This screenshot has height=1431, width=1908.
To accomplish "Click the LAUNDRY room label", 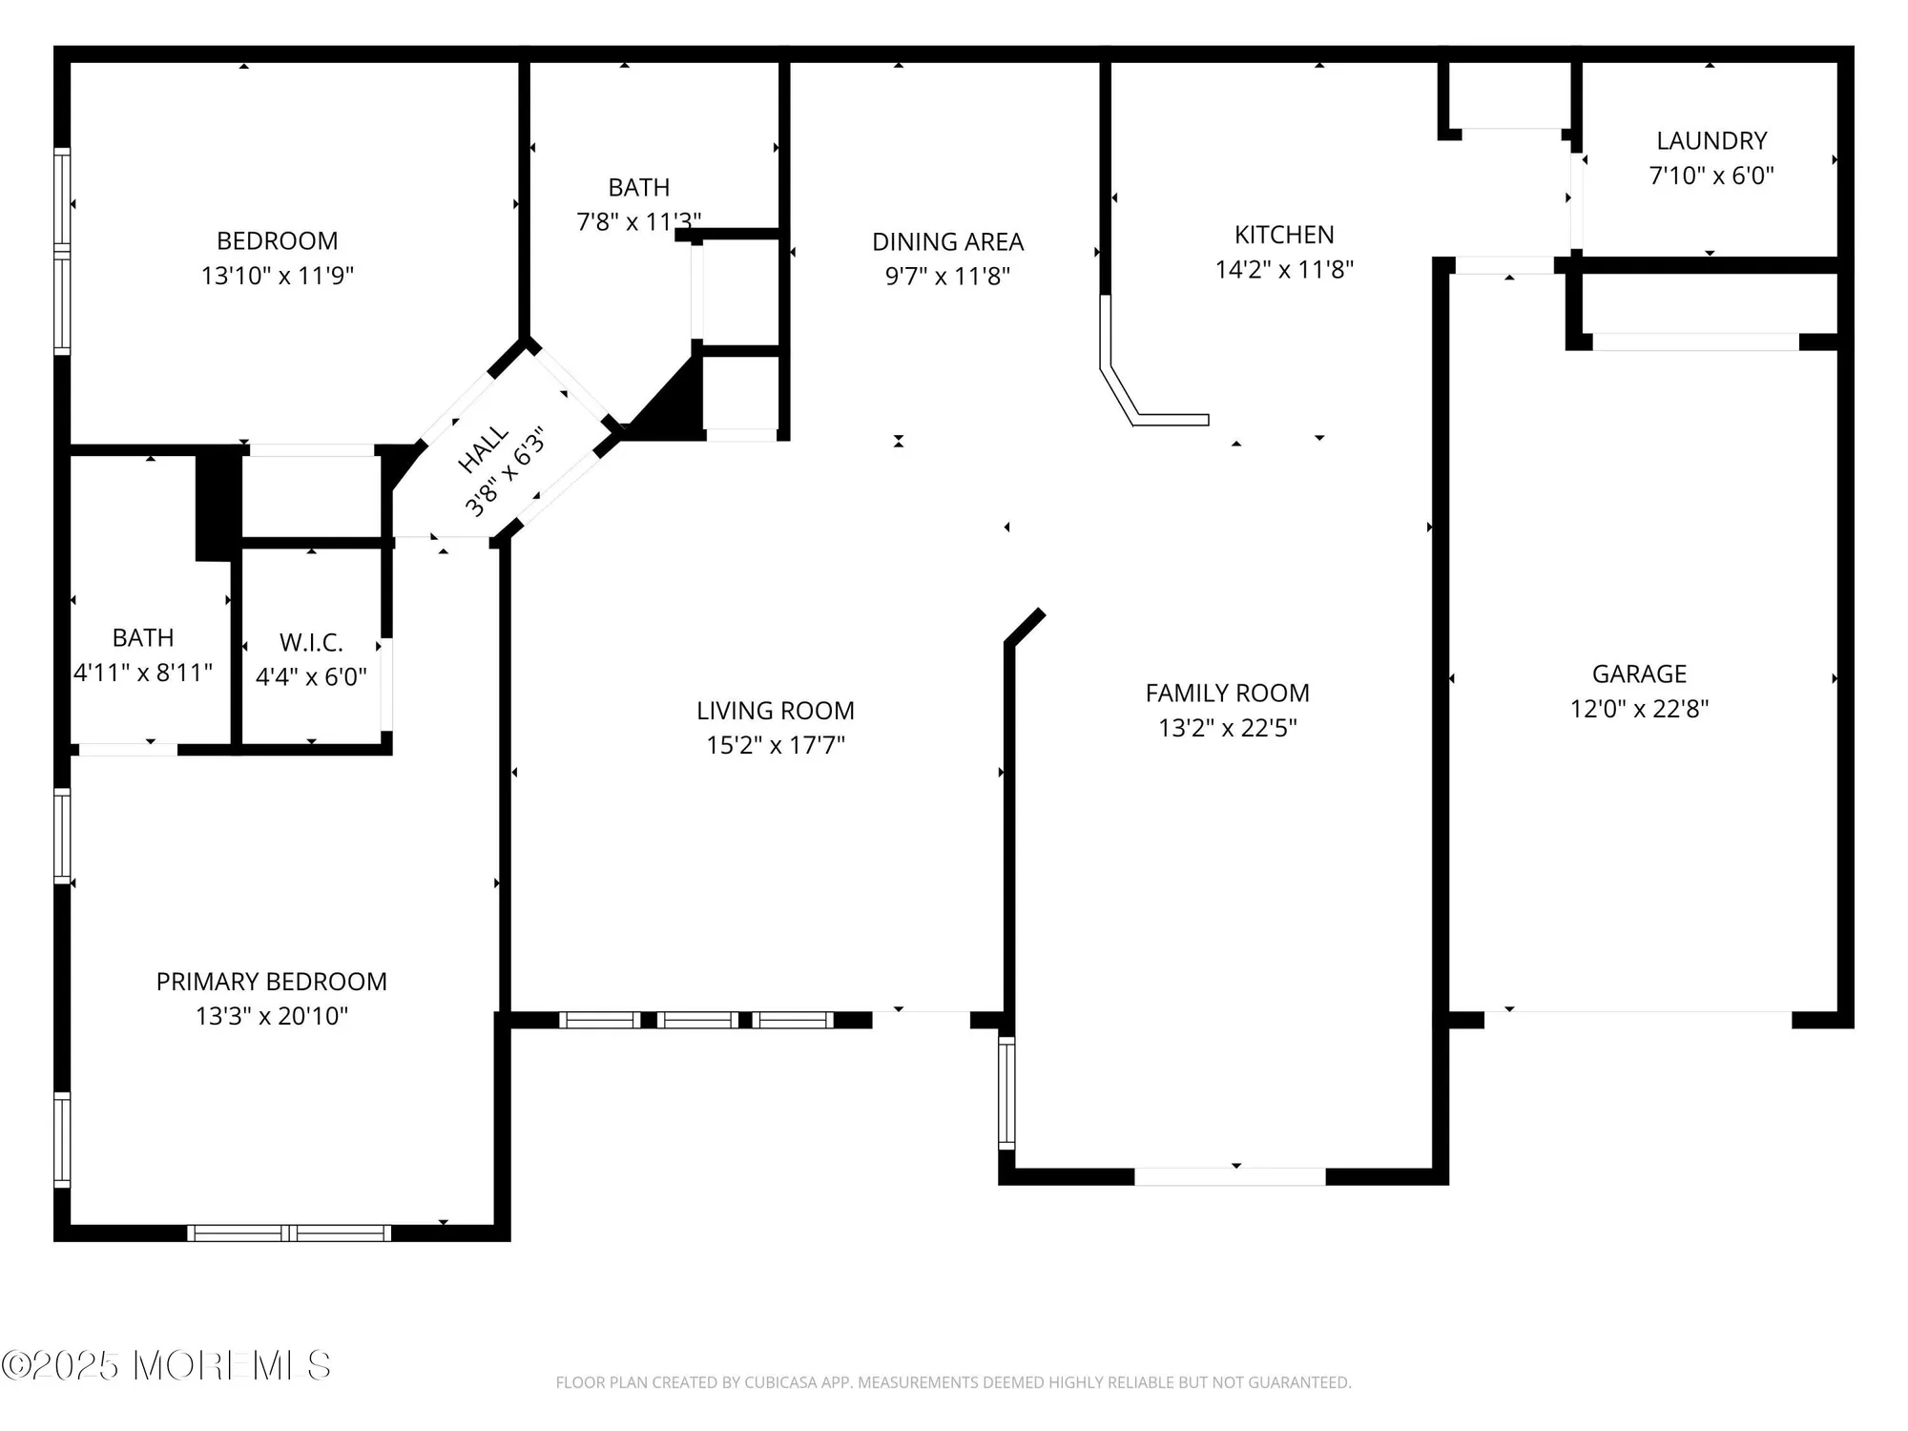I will pyautogui.click(x=1711, y=141).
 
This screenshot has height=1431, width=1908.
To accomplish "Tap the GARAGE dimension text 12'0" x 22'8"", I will pyautogui.click(x=1639, y=709).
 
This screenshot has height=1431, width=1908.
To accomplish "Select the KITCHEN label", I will pyautogui.click(x=1284, y=235).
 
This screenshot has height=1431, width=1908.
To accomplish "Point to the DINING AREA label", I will pyautogui.click(x=947, y=242).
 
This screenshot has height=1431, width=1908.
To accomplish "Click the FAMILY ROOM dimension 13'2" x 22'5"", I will pyautogui.click(x=1227, y=728).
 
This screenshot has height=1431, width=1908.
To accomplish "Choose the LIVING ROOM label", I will pyautogui.click(x=775, y=711).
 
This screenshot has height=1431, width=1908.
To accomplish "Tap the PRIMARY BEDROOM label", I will pyautogui.click(x=271, y=982).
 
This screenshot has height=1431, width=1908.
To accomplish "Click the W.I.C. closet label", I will pyautogui.click(x=311, y=642).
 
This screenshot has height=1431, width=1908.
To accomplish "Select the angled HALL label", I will pyautogui.click(x=484, y=450).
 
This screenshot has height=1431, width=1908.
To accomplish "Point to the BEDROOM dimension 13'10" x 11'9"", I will pyautogui.click(x=277, y=276).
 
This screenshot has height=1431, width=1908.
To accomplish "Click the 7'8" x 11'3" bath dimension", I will pyautogui.click(x=638, y=222).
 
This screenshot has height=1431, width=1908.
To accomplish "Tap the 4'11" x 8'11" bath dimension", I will pyautogui.click(x=143, y=673).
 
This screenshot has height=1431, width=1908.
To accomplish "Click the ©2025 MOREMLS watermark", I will pyautogui.click(x=166, y=1366).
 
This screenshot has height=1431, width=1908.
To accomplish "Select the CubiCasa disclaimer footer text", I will pyautogui.click(x=953, y=1382).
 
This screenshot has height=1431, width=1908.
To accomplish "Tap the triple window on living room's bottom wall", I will pyautogui.click(x=696, y=1020).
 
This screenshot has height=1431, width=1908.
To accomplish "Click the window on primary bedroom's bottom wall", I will pyautogui.click(x=289, y=1234).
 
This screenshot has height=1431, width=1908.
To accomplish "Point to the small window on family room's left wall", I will pyautogui.click(x=1006, y=1092).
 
